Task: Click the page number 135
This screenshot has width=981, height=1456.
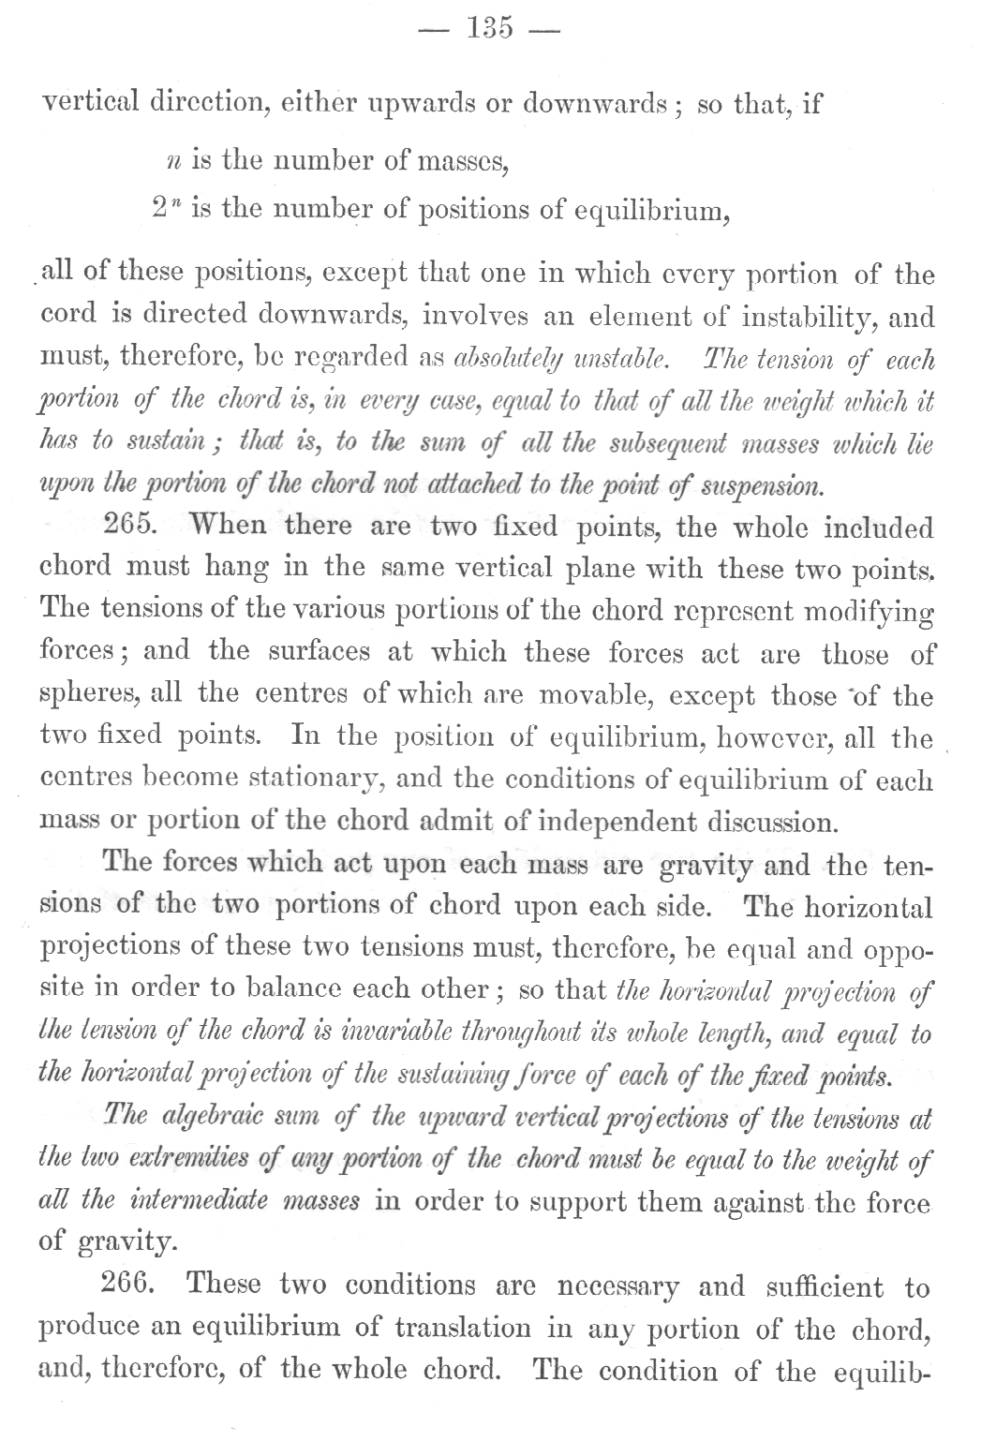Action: [x=490, y=28]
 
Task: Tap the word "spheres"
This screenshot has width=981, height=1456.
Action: [x=78, y=696]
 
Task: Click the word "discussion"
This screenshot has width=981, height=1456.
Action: [x=761, y=822]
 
